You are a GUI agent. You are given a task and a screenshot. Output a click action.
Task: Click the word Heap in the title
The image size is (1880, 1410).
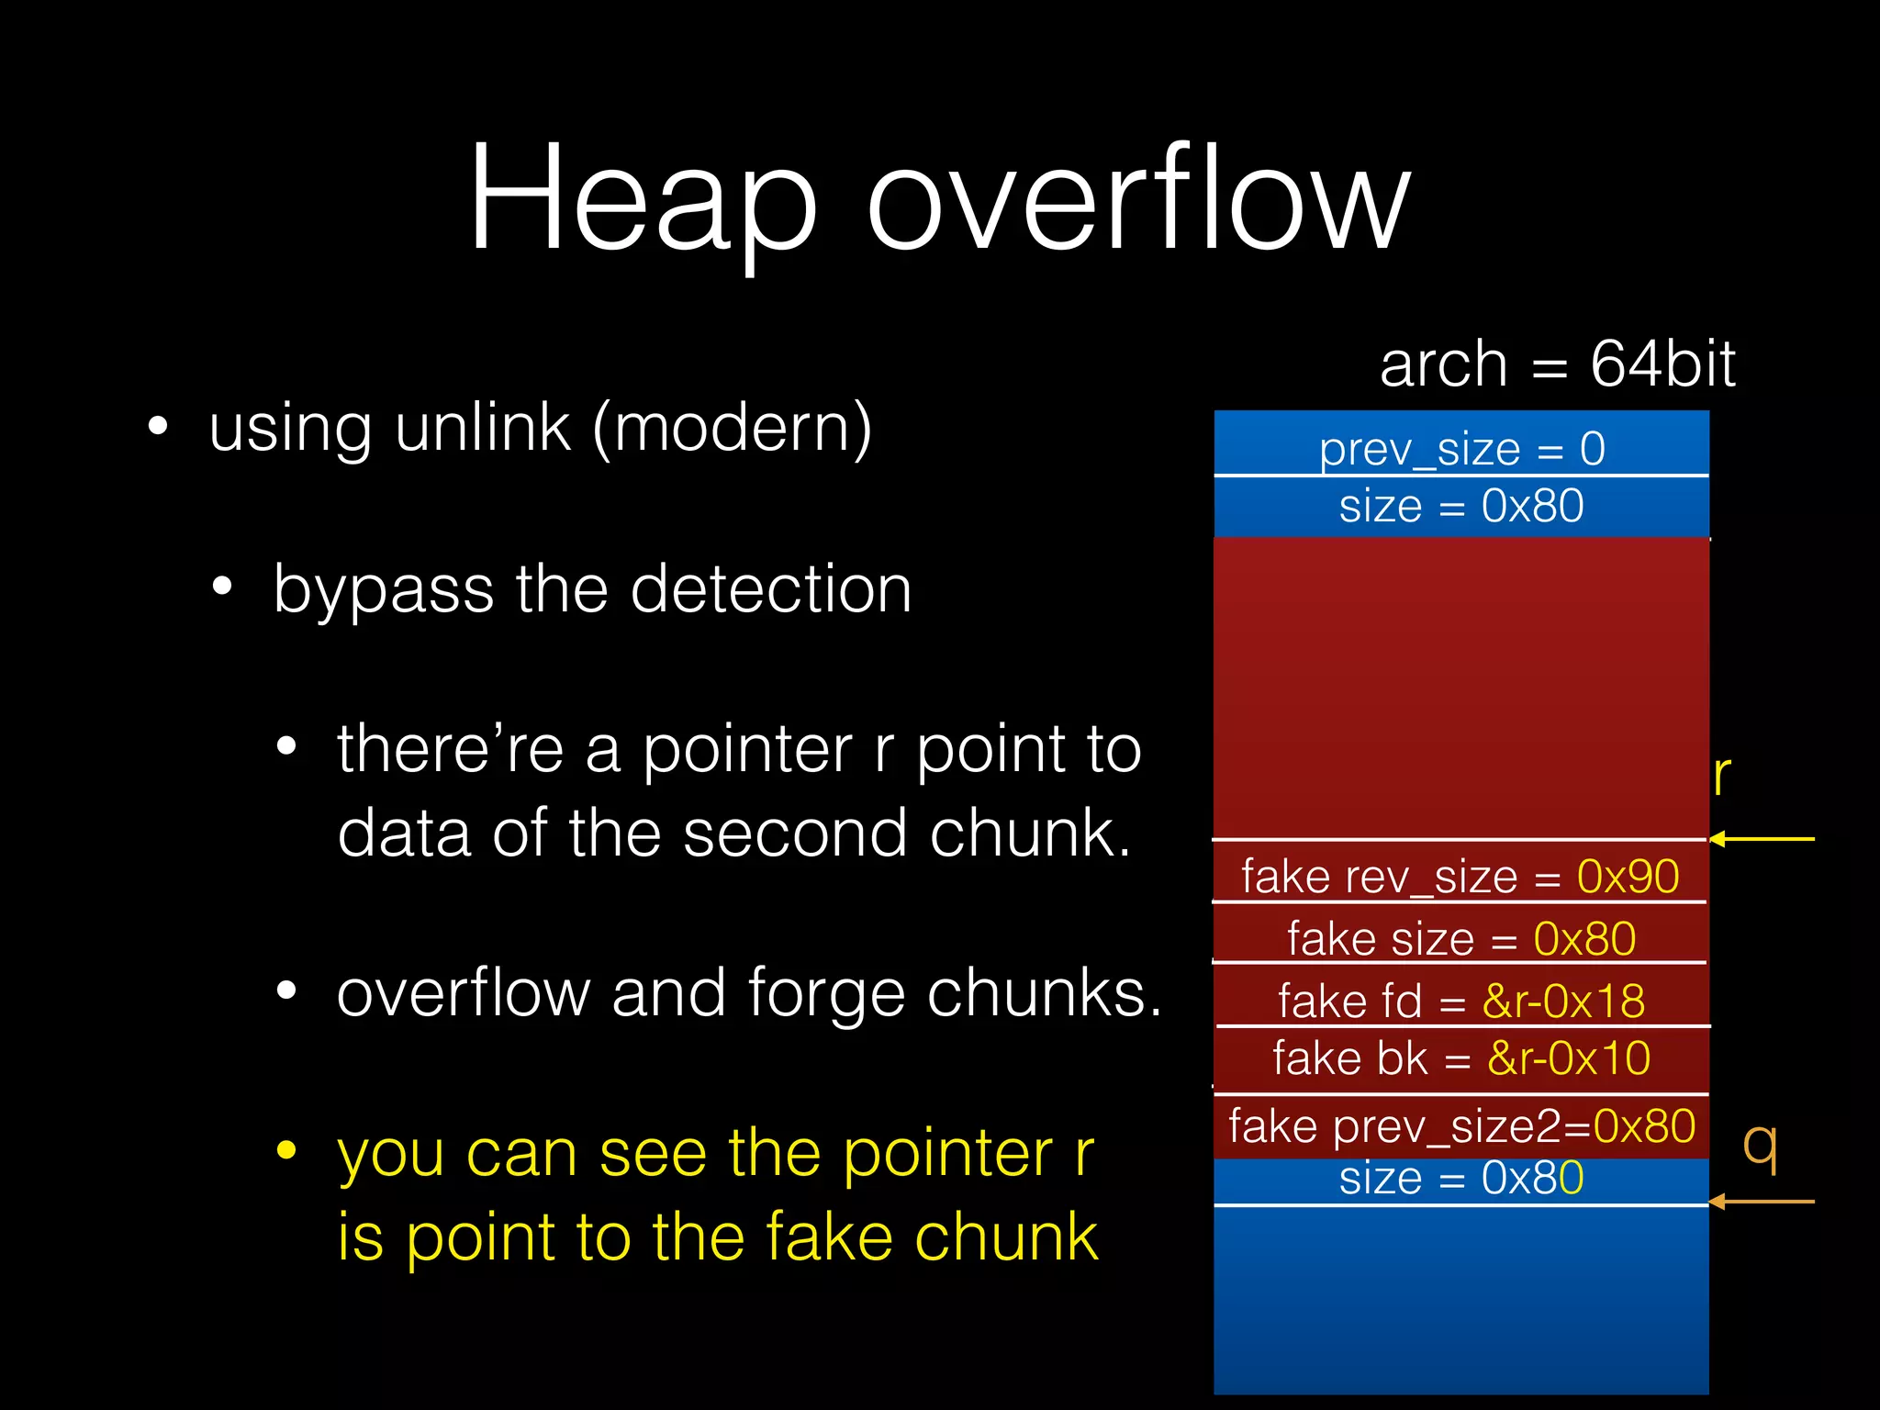click(x=643, y=197)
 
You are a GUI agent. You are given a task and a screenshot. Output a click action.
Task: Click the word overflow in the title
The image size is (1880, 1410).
click(x=1138, y=197)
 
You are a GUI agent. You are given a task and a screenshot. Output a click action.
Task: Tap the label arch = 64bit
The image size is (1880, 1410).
click(x=1557, y=364)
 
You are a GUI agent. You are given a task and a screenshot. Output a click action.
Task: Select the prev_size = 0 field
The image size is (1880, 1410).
click(x=1461, y=449)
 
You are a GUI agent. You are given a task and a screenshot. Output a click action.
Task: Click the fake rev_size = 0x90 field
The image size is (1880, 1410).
click(x=1460, y=876)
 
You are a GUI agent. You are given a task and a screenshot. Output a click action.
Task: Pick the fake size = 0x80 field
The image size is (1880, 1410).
click(x=1460, y=938)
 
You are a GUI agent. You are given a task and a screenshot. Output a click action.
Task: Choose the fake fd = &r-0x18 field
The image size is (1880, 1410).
click(x=1460, y=1000)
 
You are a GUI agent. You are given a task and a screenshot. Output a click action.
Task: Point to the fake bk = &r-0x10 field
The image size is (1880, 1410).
click(x=1460, y=1057)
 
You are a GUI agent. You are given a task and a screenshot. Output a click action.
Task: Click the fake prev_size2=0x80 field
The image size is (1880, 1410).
click(x=1460, y=1125)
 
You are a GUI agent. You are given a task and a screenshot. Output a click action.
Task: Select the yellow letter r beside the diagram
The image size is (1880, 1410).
click(x=1722, y=776)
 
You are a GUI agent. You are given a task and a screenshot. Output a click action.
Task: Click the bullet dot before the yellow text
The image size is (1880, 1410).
click(x=286, y=1150)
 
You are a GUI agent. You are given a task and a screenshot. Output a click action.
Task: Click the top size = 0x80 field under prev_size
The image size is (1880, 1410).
click(x=1461, y=506)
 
